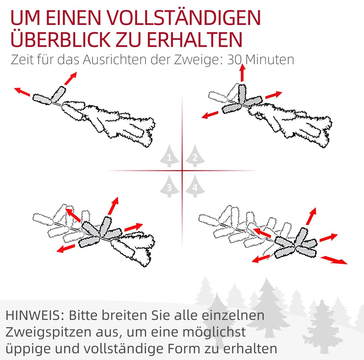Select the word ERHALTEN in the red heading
tap(194, 40)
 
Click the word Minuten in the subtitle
tap(270, 60)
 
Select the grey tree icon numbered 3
tap(170, 186)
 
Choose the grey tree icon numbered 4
tap(195, 186)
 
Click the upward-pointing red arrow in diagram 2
tap(243, 73)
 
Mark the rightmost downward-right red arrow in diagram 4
tap(334, 260)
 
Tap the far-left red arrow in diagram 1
tap(22, 92)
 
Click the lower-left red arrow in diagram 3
tap(66, 248)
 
